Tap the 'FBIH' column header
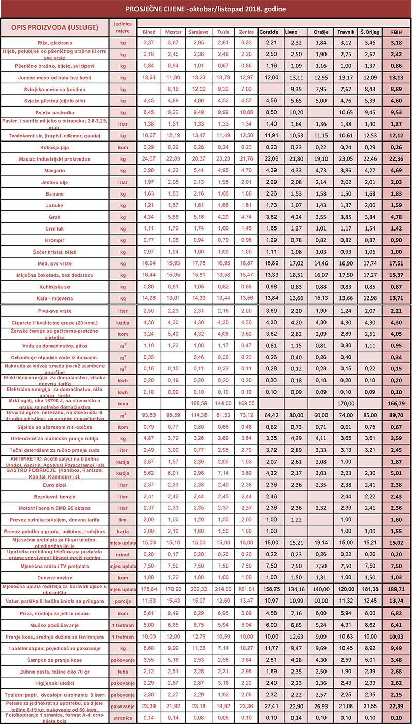(x=397, y=32)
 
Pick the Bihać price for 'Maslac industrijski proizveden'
(x=148, y=158)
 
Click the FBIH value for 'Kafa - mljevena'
(x=397, y=298)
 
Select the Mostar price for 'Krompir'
(x=173, y=240)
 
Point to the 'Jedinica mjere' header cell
(x=122, y=27)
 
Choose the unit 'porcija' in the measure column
(x=122, y=601)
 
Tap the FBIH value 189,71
(x=397, y=588)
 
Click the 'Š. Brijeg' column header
(x=369, y=32)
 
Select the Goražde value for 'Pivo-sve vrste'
(x=271, y=311)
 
